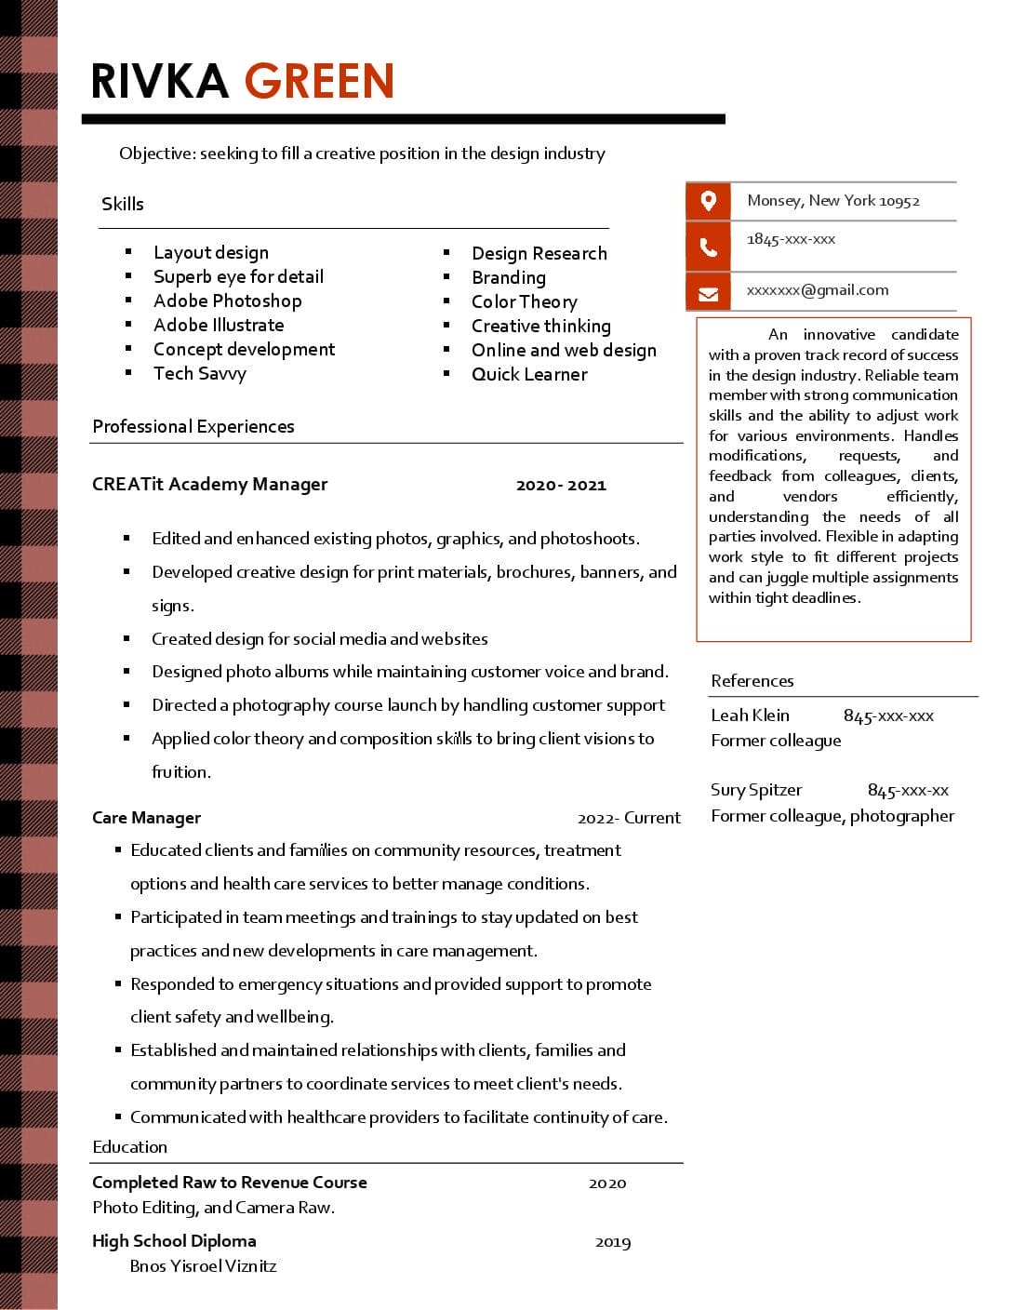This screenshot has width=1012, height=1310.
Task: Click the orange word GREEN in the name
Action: pyautogui.click(x=319, y=81)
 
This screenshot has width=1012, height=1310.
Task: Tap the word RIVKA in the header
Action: pyautogui.click(x=160, y=81)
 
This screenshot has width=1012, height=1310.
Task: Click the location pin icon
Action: pyautogui.click(x=708, y=200)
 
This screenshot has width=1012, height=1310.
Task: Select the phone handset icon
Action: pyautogui.click(x=708, y=247)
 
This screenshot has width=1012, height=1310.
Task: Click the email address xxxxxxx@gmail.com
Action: pyautogui.click(x=817, y=290)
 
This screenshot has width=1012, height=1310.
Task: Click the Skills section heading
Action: pyautogui.click(x=123, y=204)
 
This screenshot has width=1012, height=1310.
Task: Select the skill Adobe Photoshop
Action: pyautogui.click(x=227, y=301)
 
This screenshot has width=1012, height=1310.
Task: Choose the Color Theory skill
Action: pyautogui.click(x=524, y=301)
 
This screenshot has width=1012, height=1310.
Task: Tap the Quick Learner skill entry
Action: pyautogui.click(x=529, y=374)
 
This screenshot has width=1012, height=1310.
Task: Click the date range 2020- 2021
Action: pyautogui.click(x=561, y=485)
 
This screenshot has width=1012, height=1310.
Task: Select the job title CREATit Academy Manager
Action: pyautogui.click(x=209, y=484)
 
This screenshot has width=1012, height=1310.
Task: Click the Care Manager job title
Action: pyautogui.click(x=146, y=818)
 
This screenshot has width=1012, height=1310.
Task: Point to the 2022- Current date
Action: pyautogui.click(x=629, y=818)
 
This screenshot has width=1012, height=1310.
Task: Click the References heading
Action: pyautogui.click(x=752, y=681)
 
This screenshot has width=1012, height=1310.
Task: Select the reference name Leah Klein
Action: pyautogui.click(x=750, y=715)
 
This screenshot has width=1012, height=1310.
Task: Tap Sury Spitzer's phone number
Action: pyautogui.click(x=908, y=790)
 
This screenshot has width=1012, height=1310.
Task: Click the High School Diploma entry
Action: pyautogui.click(x=174, y=1241)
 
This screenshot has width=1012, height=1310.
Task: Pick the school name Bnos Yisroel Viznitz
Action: pyautogui.click(x=203, y=1266)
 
